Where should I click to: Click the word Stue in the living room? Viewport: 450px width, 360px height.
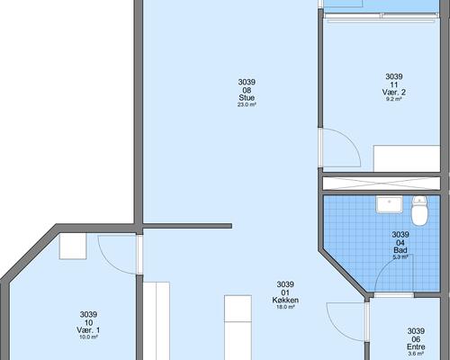pyautogui.click(x=247, y=98)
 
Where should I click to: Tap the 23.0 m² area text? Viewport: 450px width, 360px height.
pyautogui.click(x=247, y=104)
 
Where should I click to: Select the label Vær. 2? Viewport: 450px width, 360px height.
pyautogui.click(x=394, y=92)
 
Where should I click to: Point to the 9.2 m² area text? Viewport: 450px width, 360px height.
pyautogui.click(x=394, y=99)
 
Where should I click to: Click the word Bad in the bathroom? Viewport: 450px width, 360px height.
pyautogui.click(x=400, y=250)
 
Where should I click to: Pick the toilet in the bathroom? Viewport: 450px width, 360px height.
pyautogui.click(x=419, y=211)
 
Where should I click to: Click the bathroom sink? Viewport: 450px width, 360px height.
pyautogui.click(x=390, y=204)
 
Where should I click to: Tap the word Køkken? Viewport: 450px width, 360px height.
pyautogui.click(x=285, y=300)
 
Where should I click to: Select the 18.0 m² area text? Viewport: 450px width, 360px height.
pyautogui.click(x=285, y=307)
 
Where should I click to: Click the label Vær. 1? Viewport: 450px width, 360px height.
pyautogui.click(x=88, y=330)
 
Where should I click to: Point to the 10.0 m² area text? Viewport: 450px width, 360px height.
pyautogui.click(x=88, y=337)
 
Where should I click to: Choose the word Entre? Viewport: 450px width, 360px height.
pyautogui.click(x=416, y=346)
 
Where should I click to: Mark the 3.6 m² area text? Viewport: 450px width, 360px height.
pyautogui.click(x=416, y=354)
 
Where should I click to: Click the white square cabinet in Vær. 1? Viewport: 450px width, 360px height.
pyautogui.click(x=73, y=246)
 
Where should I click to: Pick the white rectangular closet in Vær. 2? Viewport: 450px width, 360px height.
pyautogui.click(x=407, y=158)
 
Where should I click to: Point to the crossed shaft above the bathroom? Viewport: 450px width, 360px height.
pyautogui.click(x=382, y=184)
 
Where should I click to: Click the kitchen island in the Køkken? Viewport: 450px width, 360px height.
pyautogui.click(x=238, y=328)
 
